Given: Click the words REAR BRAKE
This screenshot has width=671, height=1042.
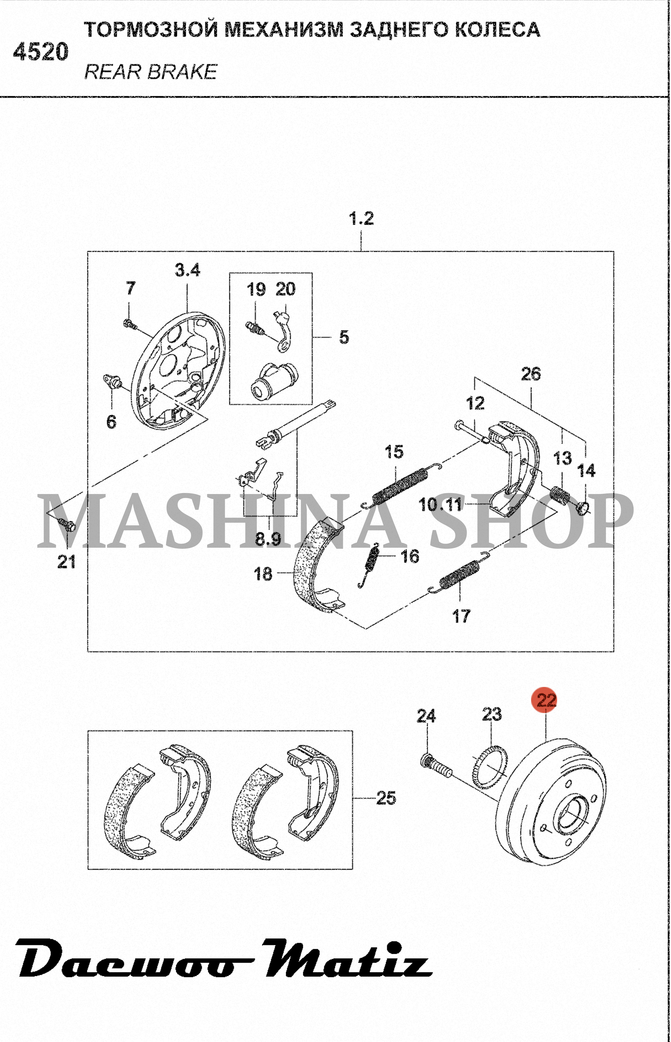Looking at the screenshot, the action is coord(151,72).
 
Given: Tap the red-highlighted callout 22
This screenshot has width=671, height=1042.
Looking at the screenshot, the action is coord(546,700).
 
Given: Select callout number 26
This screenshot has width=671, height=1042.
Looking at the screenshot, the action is coord(531,374).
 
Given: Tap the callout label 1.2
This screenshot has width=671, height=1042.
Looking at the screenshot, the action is coord(362,218).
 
